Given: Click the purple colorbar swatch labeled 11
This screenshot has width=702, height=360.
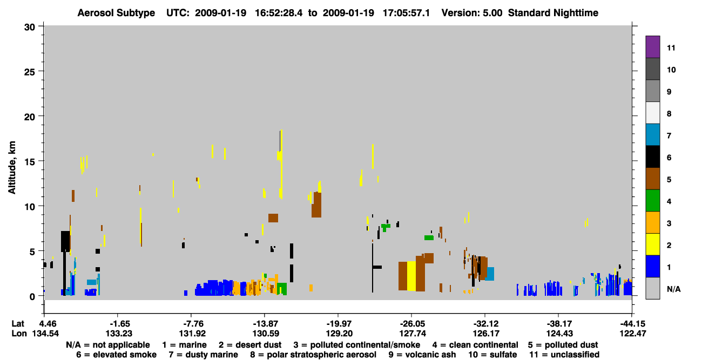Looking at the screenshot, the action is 652,46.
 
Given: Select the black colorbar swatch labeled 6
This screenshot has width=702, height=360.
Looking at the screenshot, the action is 652,157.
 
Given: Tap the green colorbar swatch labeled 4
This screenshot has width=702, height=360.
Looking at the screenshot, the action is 652,201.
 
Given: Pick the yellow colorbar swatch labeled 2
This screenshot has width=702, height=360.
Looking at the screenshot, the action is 652,244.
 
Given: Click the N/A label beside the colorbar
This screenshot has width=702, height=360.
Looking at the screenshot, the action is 673,289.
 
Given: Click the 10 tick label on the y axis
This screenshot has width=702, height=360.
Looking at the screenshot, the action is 30,207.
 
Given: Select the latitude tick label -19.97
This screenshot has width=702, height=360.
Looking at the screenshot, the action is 339,323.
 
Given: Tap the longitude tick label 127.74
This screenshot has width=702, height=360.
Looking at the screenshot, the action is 413,334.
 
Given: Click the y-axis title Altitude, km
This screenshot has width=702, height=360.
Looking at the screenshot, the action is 12,168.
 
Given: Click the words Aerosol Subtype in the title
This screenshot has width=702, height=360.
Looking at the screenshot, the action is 116,13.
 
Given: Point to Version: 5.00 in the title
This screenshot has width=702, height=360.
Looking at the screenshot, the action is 472,13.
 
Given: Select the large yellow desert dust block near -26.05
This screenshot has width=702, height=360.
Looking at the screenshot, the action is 411,276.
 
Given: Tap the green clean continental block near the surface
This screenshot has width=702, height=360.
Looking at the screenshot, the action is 282,289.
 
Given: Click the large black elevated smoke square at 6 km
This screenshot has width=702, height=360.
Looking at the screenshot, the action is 65,241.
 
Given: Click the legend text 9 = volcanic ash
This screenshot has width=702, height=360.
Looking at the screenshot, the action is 422,355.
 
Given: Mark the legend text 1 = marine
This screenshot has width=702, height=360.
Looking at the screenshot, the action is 184,345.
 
